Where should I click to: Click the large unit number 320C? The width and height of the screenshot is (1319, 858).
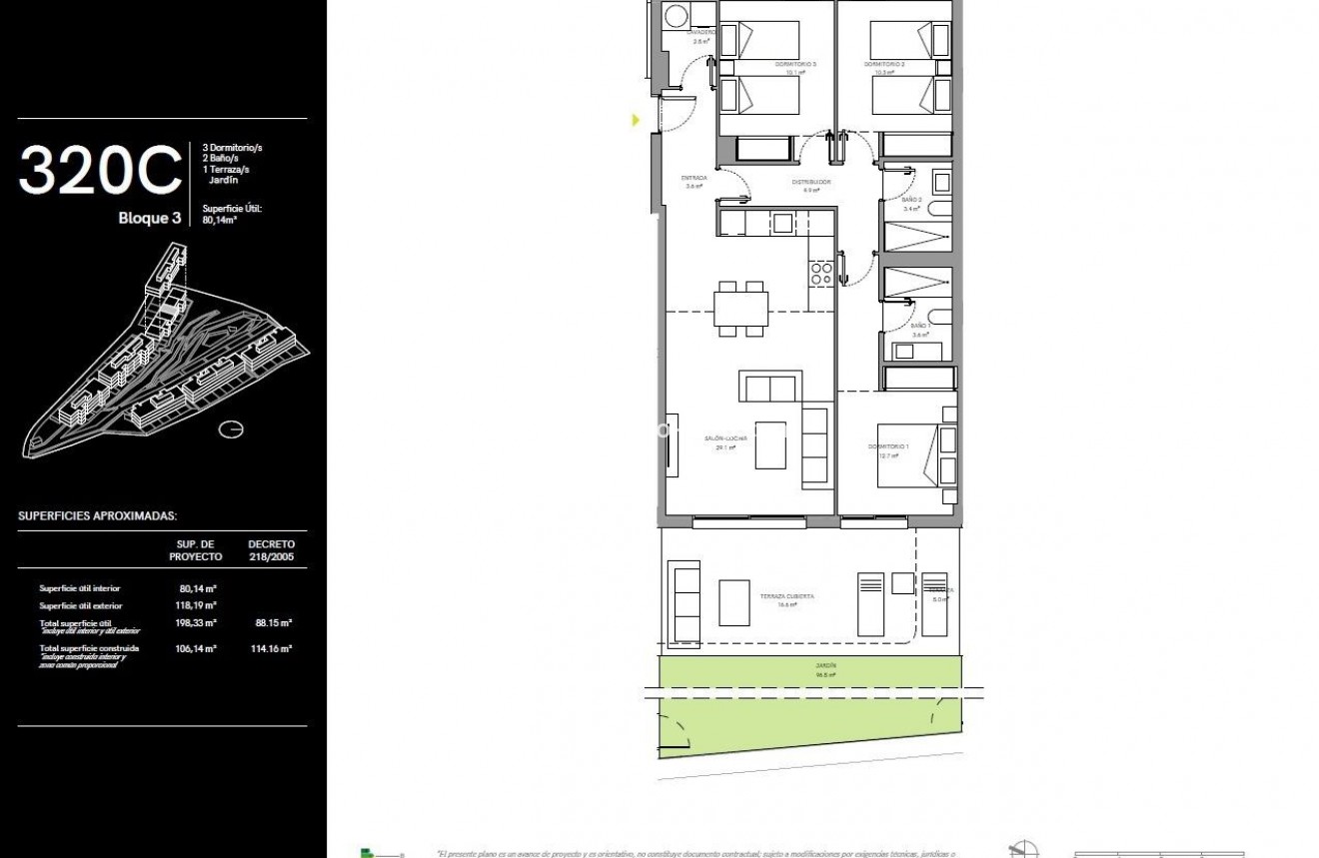100,170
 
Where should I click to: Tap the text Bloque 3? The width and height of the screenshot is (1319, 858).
150,218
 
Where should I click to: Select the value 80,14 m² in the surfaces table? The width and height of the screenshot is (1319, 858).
199,588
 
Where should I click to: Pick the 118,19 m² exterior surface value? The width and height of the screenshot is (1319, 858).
199,605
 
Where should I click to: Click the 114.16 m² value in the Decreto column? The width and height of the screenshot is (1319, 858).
271,648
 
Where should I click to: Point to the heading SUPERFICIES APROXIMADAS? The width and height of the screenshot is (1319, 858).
98,516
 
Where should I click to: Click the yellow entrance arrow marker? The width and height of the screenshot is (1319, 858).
636,120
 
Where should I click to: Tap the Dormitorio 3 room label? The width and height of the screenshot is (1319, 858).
795,65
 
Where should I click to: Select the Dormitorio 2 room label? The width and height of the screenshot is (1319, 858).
884,65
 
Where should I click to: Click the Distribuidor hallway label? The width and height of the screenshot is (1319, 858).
811,183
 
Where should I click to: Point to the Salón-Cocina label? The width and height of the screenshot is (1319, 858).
726,438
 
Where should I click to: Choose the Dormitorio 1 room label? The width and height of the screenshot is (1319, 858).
888,446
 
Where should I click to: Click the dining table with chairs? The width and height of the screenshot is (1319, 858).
741,308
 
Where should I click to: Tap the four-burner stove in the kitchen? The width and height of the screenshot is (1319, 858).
821,274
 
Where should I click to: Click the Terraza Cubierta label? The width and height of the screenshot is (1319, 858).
786,596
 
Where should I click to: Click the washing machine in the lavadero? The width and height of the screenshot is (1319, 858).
676,17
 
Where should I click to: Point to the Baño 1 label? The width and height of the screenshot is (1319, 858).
920,327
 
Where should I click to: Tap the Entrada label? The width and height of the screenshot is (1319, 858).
694,179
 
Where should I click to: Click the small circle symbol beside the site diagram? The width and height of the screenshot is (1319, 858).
231,429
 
